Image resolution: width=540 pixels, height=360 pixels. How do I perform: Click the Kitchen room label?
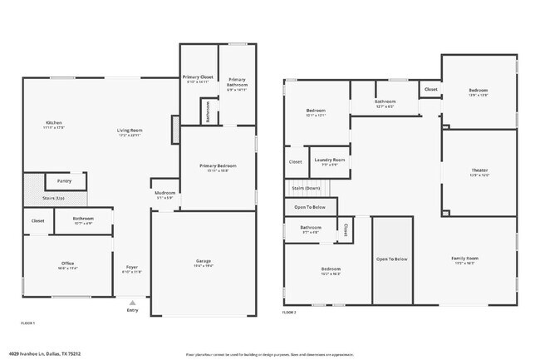click(x=54, y=124)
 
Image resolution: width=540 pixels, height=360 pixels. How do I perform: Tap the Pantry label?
click(x=64, y=180)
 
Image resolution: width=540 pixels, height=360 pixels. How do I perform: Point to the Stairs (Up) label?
click(x=33, y=199)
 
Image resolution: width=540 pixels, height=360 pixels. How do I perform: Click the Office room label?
click(x=68, y=264)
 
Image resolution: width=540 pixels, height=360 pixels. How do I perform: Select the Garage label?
click(x=203, y=261)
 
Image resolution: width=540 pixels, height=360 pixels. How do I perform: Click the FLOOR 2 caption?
click(x=288, y=313)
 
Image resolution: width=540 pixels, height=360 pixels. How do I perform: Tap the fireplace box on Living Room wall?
click(x=174, y=128)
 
